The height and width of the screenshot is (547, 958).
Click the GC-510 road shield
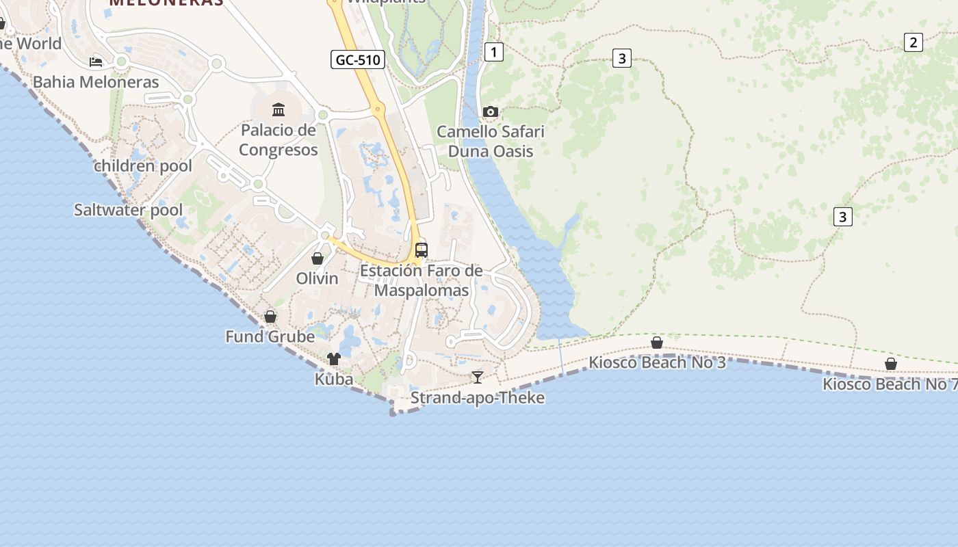click(357, 59)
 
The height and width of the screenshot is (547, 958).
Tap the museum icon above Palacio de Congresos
click(279, 109)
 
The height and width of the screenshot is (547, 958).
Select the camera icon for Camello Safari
click(491, 111)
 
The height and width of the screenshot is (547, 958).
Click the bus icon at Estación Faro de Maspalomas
click(422, 250)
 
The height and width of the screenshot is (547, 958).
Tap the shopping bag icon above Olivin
click(318, 258)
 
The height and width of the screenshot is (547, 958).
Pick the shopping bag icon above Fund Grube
click(270, 317)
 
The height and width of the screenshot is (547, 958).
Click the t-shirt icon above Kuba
click(334, 359)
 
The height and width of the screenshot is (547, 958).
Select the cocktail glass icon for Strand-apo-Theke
click(478, 377)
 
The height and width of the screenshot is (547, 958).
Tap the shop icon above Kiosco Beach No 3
click(657, 343)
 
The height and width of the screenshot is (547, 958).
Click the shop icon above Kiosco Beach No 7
click(891, 364)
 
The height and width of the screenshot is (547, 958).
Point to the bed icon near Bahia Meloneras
click(96, 62)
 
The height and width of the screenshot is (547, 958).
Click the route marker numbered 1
click(493, 51)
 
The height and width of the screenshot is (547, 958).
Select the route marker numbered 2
click(913, 42)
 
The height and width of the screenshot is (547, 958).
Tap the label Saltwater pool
click(129, 210)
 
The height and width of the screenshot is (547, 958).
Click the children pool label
click(143, 166)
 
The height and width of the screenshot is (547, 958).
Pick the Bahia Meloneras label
click(96, 82)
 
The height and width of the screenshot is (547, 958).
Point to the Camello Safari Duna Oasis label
click(491, 141)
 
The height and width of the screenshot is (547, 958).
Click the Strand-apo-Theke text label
click(478, 398)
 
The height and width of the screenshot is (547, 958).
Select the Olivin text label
click(318, 278)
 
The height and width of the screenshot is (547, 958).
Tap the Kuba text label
click(334, 379)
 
